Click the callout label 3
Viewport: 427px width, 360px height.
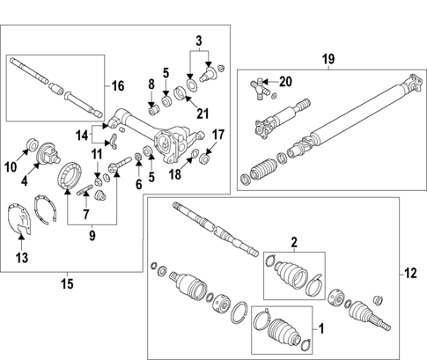pyautogui.click(x=198, y=40)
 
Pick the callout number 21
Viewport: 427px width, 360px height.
pyautogui.click(x=202, y=113)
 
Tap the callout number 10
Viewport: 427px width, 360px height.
pyautogui.click(x=11, y=166)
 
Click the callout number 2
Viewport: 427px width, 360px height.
pyautogui.click(x=295, y=240)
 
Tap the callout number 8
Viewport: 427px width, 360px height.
pyautogui.click(x=151, y=85)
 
